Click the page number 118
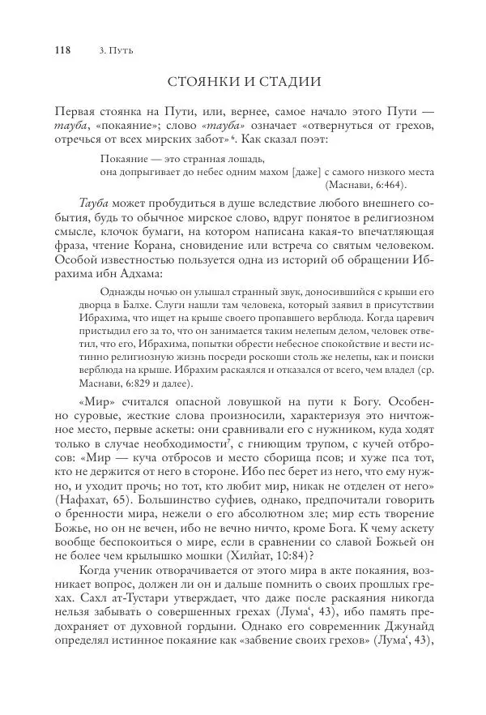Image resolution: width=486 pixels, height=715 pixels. [62, 49]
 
